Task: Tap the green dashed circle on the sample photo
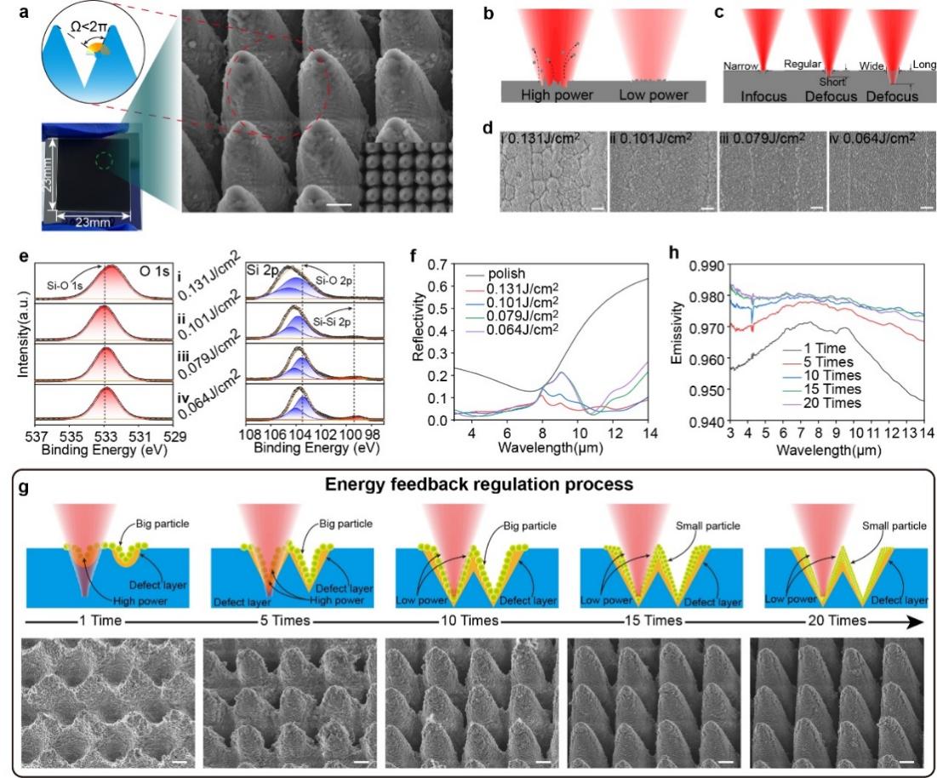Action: coord(104,159)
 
